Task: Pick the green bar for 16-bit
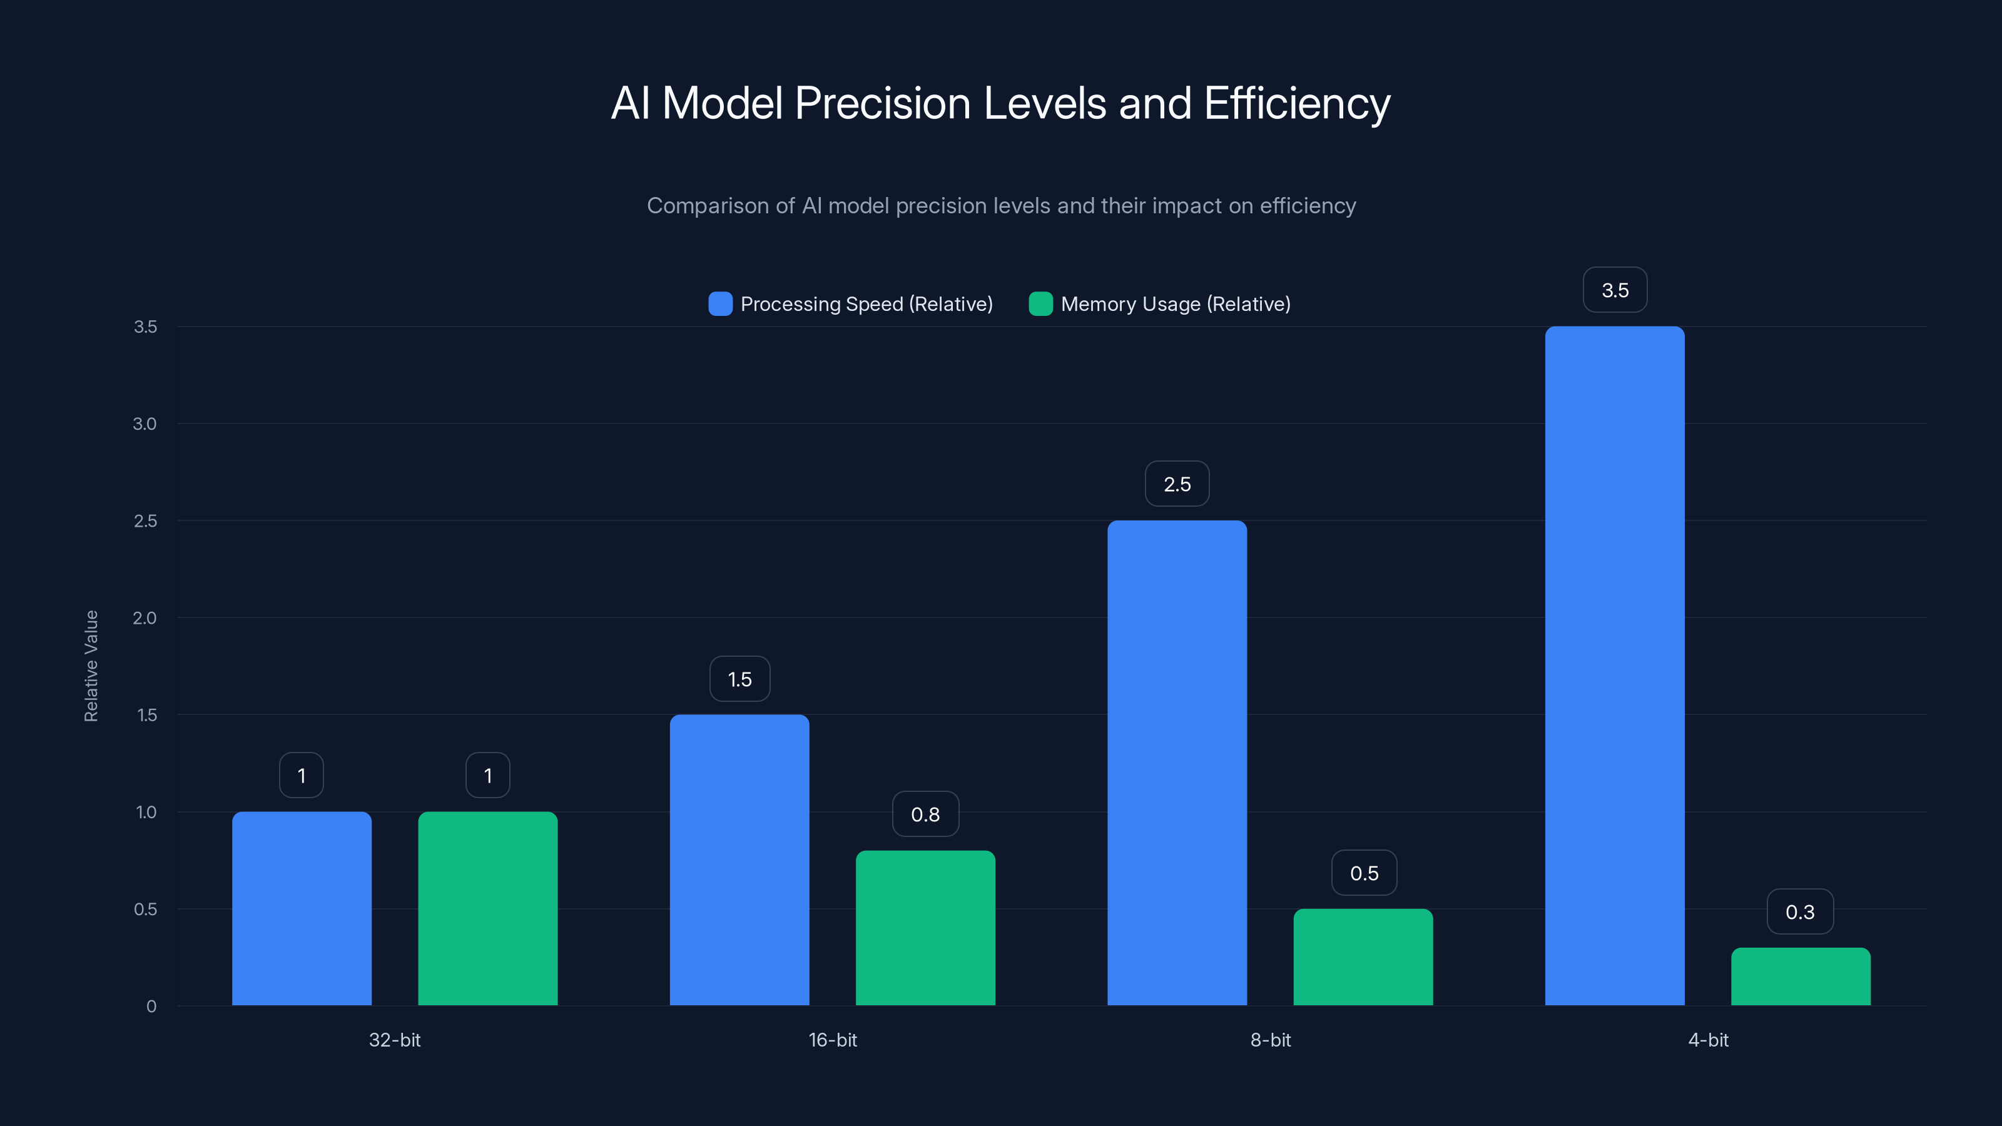(x=925, y=928)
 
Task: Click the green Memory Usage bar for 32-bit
(x=487, y=908)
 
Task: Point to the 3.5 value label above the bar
(x=1615, y=290)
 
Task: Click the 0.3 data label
(x=1800, y=911)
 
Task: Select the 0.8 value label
(x=925, y=814)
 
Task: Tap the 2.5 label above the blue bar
(x=1177, y=484)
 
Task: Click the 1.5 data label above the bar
(x=739, y=679)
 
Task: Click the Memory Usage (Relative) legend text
(x=1175, y=304)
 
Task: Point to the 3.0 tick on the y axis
(x=145, y=424)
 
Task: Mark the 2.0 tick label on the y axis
(x=145, y=618)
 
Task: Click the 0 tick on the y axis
(x=151, y=1007)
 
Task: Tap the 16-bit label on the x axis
(x=832, y=1040)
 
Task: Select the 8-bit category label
(x=1270, y=1040)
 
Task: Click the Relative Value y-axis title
(x=91, y=666)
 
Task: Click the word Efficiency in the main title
(x=1296, y=103)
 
